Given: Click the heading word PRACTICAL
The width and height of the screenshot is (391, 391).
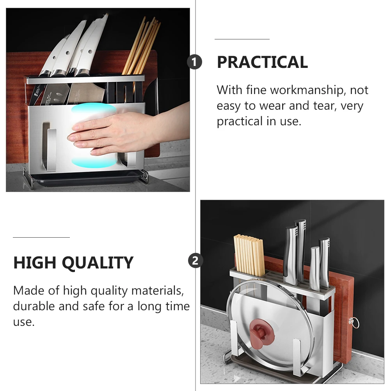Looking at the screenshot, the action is (262, 62).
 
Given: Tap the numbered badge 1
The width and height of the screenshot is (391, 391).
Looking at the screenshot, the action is (194, 62).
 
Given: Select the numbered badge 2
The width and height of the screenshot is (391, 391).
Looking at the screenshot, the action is (195, 261).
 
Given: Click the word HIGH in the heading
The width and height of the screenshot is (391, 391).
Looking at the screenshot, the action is (35, 263).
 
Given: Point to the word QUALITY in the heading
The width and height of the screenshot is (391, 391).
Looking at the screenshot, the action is (98, 263).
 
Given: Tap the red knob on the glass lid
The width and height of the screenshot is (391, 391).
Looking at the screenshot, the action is (261, 333).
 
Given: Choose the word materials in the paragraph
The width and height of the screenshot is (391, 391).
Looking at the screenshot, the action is (158, 290).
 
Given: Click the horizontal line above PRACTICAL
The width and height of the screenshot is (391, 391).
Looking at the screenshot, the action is (242, 39).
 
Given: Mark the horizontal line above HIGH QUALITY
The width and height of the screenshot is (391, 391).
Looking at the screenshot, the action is (41, 237).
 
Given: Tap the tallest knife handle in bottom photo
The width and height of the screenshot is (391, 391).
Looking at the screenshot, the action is (300, 251).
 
